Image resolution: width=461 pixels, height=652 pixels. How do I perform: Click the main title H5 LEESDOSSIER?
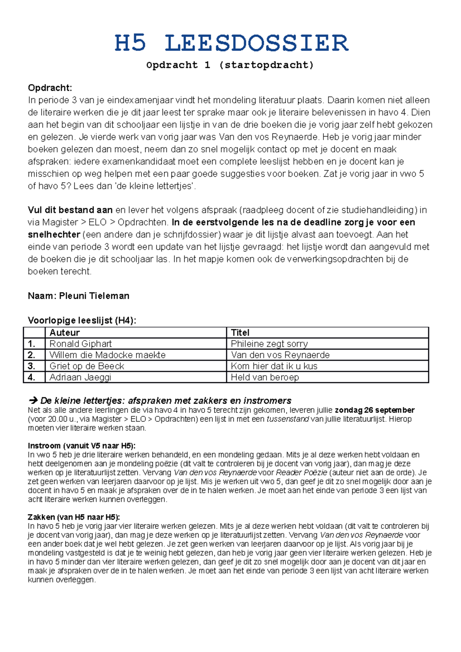231,43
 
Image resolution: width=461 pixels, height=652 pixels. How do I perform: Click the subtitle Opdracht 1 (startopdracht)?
230,65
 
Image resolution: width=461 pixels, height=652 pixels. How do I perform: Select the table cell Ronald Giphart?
81,344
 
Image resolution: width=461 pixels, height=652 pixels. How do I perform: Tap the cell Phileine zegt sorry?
269,344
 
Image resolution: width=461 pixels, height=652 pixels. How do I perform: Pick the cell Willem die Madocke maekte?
108,355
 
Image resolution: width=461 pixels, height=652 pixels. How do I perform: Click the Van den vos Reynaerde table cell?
280,355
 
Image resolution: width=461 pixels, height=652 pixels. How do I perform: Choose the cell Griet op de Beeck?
87,366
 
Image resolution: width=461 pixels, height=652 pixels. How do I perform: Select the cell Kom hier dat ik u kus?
274,366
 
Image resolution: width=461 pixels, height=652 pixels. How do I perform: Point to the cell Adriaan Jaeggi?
80,377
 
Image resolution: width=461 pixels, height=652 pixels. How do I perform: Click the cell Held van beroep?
265,377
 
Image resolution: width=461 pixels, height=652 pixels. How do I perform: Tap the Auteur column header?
65,333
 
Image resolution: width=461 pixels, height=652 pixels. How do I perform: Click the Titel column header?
240,333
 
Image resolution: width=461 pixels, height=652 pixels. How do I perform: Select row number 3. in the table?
32,366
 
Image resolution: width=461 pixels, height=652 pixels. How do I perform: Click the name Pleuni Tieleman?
94,296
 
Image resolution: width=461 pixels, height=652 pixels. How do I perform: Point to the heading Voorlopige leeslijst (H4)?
82,320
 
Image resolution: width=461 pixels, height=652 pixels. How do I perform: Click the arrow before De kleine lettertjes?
33,401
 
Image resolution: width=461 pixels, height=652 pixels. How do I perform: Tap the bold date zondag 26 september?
375,410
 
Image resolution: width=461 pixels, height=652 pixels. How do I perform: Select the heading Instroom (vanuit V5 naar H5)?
81,446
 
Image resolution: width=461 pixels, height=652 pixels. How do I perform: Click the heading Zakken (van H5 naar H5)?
74,517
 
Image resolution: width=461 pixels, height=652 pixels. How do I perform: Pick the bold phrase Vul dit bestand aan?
70,210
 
